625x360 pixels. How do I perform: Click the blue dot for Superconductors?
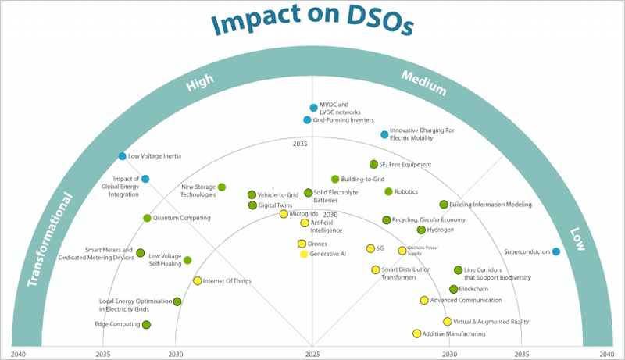tap(555, 251)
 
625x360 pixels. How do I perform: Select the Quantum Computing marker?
tap(147, 218)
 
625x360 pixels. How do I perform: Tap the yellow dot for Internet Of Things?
tap(197, 281)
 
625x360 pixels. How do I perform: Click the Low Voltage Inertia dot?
tap(122, 156)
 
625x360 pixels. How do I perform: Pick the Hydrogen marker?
tap(421, 230)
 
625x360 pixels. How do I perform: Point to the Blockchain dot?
tap(453, 289)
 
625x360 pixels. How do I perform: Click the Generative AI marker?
tap(304, 254)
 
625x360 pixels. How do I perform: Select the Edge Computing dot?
tap(146, 324)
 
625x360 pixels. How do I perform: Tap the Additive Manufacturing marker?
tap(416, 333)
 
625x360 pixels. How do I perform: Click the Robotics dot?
tap(388, 191)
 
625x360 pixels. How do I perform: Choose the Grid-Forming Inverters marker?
tap(307, 120)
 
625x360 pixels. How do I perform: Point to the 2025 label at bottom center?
tap(312, 354)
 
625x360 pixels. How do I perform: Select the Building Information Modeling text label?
tap(491, 205)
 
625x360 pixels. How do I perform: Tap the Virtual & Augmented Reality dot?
tap(447, 322)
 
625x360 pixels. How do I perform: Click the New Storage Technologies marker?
tap(222, 187)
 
